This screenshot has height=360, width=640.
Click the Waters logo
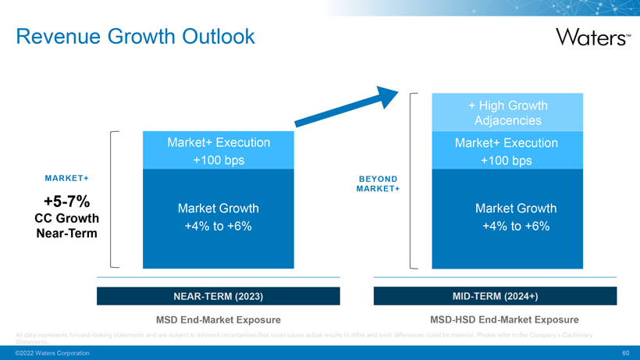point(592,36)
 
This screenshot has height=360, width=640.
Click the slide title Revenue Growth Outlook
point(135,36)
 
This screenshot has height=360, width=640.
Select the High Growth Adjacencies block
point(507,112)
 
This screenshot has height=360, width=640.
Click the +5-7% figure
point(66,201)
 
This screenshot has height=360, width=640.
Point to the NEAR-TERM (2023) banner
point(218,297)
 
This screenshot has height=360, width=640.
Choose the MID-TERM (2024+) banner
point(495,297)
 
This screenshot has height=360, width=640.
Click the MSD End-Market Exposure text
point(218,319)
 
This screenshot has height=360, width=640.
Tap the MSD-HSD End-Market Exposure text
point(504,319)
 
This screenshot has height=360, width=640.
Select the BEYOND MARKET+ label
point(378,184)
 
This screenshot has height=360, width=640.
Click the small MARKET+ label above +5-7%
point(66,178)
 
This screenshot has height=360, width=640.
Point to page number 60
point(625,353)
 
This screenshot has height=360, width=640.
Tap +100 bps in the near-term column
point(219,160)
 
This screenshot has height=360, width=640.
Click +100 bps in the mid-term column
point(507,161)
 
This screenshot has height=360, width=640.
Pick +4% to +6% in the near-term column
point(219,226)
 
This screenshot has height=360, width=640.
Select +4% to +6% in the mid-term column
point(515,226)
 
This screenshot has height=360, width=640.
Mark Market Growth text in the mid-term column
point(515,209)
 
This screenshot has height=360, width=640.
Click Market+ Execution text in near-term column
point(219,143)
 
